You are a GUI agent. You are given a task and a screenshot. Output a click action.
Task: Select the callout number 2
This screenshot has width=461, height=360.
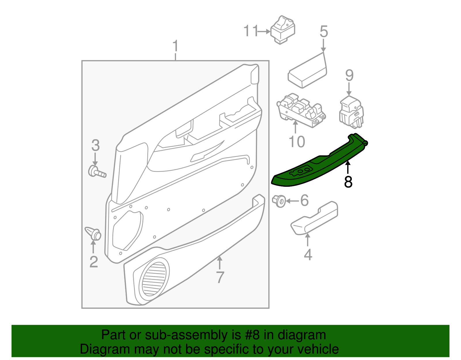(94, 262)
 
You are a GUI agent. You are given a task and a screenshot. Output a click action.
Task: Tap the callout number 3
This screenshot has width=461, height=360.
(95, 145)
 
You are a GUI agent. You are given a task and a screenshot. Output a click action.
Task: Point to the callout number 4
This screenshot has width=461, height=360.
(308, 255)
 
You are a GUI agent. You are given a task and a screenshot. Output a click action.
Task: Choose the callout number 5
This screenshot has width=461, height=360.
(324, 31)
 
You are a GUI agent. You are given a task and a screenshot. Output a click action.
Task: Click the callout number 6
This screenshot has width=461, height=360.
(304, 200)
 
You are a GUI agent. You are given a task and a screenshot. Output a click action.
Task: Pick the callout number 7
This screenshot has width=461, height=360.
(220, 277)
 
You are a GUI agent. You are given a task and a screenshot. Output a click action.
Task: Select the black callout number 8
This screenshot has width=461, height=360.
(348, 182)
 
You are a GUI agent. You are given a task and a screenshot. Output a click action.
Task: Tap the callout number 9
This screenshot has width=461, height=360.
(349, 76)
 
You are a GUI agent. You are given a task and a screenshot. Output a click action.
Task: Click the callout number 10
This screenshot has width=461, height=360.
(296, 142)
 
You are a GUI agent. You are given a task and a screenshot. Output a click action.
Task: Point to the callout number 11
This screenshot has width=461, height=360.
(251, 31)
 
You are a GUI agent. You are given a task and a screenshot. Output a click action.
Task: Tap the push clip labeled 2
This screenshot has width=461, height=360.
(93, 233)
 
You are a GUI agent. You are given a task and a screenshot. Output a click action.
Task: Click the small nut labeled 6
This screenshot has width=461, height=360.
(279, 201)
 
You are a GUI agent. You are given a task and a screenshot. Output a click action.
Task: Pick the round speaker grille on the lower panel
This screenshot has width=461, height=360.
(155, 279)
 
